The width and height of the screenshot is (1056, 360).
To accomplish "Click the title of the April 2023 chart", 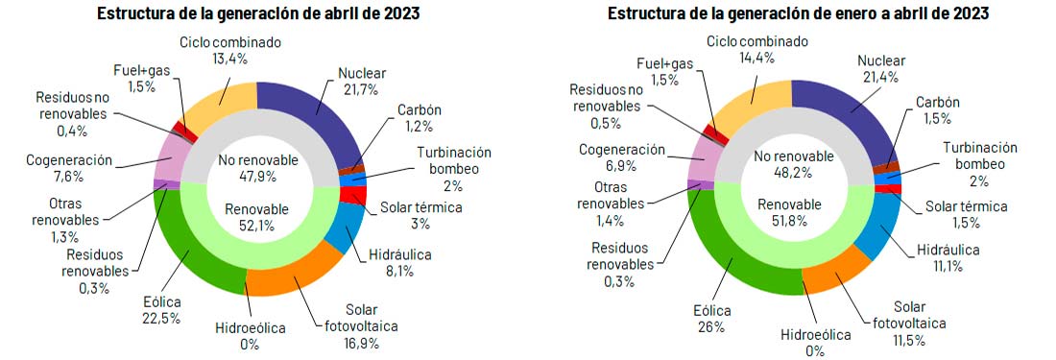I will pos(258,14).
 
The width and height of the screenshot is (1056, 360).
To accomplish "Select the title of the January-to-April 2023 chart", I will pos(797,14).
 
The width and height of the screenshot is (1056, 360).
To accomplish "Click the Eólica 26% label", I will pos(711,319).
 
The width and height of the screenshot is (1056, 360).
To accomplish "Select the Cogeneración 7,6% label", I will pos(69,168).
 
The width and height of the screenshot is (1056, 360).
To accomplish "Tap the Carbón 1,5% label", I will pos(937,109).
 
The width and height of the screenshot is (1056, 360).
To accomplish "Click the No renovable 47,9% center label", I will pos(258,167).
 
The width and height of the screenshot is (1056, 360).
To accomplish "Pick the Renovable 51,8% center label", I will pos(790,212).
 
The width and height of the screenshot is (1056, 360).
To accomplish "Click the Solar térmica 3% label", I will pos(421,215).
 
